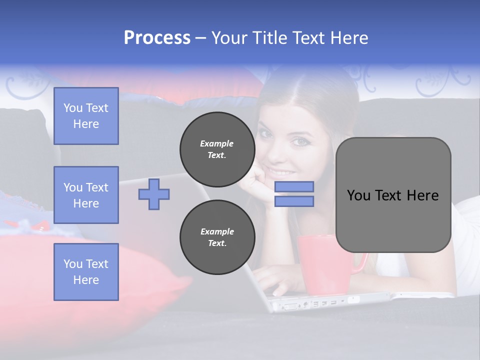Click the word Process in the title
[x=157, y=38]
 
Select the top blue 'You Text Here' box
[x=86, y=116]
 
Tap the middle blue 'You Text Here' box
[x=86, y=195]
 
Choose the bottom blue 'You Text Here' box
[x=86, y=272]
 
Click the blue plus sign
[x=154, y=194]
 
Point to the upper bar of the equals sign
[x=294, y=187]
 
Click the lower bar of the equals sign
[x=294, y=201]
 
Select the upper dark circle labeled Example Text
[x=217, y=149]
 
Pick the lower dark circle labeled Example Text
[x=217, y=237]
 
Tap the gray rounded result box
[x=393, y=195]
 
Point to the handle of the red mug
[x=361, y=264]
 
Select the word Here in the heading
[x=349, y=38]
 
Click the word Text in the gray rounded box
[x=393, y=195]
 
